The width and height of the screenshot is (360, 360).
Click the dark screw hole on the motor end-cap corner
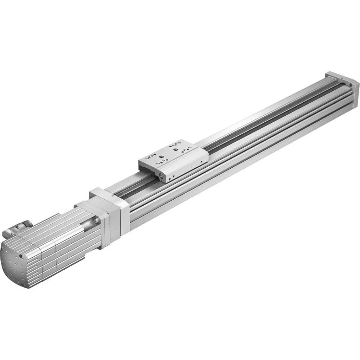[21, 256]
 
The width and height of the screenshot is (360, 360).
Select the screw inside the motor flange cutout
[96, 220]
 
